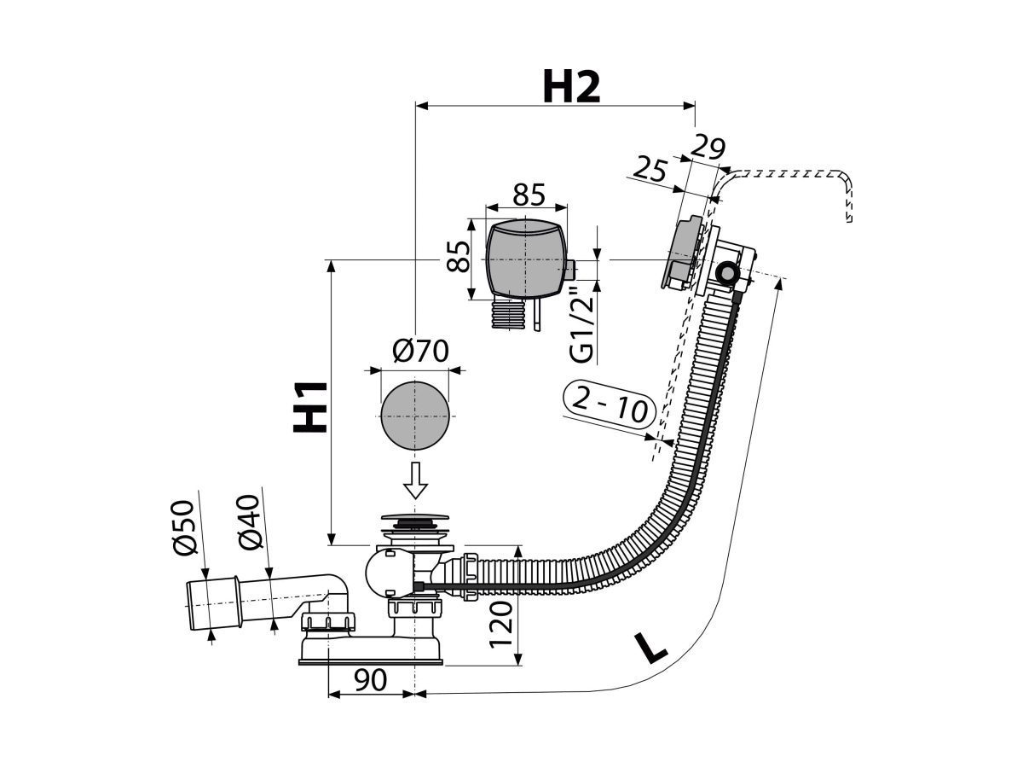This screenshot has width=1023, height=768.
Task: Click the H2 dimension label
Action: [x=571, y=88]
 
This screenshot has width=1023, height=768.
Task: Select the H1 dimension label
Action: [x=309, y=407]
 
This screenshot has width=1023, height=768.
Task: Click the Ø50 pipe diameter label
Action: [x=183, y=528]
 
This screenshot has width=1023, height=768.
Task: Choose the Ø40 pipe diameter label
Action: [x=248, y=523]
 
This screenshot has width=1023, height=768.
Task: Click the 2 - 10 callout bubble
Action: [x=610, y=405]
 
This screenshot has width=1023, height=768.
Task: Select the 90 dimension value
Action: [x=370, y=680]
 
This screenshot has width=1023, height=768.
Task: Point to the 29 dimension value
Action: [x=708, y=148]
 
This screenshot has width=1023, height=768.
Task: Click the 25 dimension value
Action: [x=650, y=169]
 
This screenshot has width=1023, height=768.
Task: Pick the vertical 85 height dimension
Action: [x=458, y=256]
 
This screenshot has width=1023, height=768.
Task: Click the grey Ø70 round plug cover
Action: [x=415, y=416]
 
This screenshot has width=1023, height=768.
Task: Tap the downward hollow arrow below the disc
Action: [x=415, y=480]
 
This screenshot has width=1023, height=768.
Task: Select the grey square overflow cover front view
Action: [x=526, y=258]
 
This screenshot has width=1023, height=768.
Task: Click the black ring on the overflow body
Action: [x=726, y=274]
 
